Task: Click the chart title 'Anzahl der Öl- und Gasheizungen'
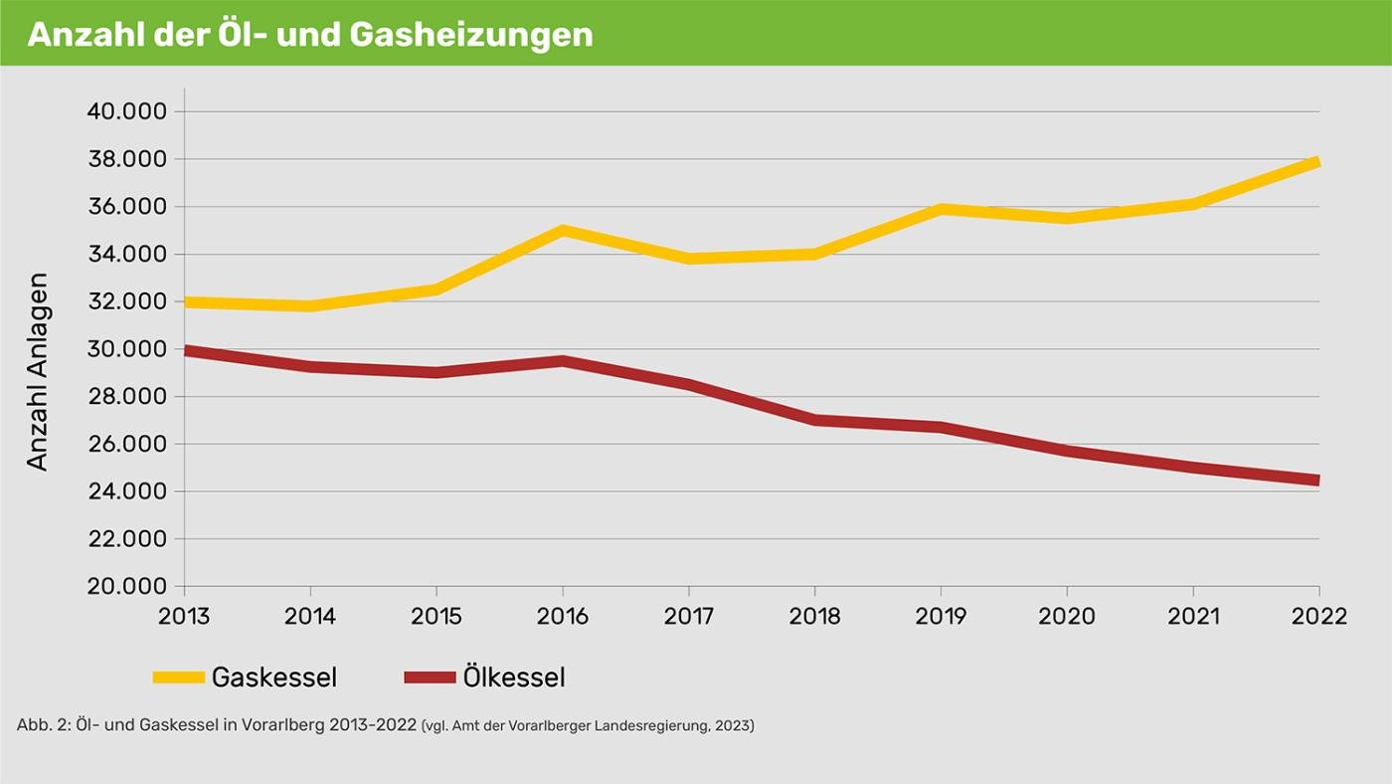pyautogui.click(x=309, y=34)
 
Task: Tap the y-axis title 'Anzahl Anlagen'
pyautogui.click(x=37, y=371)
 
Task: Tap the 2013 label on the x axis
pyautogui.click(x=184, y=616)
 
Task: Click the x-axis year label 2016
pyautogui.click(x=562, y=616)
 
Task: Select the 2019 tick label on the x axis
pyautogui.click(x=941, y=616)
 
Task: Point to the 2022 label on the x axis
pyautogui.click(x=1318, y=616)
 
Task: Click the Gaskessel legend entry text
pyautogui.click(x=273, y=678)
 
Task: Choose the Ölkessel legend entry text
pyautogui.click(x=513, y=678)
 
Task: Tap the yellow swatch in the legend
pyautogui.click(x=178, y=678)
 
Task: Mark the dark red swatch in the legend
pyautogui.click(x=430, y=678)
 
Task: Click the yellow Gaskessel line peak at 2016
pyautogui.click(x=563, y=231)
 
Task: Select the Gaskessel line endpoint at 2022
pyautogui.click(x=1315, y=162)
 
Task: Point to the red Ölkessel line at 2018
pyautogui.click(x=814, y=420)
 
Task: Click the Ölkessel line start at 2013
pyautogui.click(x=187, y=350)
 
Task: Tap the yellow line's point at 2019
pyautogui.click(x=941, y=209)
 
